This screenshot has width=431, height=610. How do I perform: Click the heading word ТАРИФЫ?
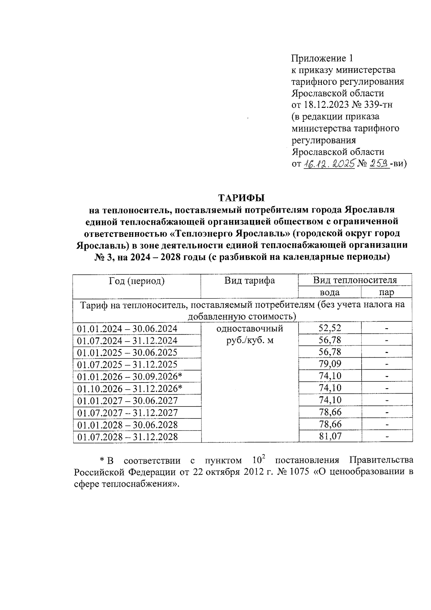click(x=241, y=198)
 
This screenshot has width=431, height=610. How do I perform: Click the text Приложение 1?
click(x=322, y=58)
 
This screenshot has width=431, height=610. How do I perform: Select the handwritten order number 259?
click(x=379, y=164)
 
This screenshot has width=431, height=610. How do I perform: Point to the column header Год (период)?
click(x=136, y=281)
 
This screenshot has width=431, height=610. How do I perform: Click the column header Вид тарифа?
click(x=250, y=281)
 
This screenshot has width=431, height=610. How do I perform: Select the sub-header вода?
click(x=329, y=292)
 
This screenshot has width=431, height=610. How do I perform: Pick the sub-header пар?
click(x=386, y=292)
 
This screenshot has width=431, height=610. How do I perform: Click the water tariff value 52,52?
click(x=330, y=328)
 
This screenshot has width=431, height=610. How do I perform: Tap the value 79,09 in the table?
click(x=330, y=364)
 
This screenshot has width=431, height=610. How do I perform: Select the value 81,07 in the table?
click(x=330, y=436)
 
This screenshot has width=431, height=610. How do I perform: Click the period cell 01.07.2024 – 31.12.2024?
click(x=127, y=340)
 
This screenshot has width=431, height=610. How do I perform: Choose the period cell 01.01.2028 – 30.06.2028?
click(x=127, y=425)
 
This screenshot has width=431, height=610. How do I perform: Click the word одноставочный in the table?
click(x=250, y=328)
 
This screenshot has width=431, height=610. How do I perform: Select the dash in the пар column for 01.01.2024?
click(x=386, y=328)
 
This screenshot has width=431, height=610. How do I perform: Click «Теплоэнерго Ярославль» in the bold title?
click(x=229, y=233)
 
